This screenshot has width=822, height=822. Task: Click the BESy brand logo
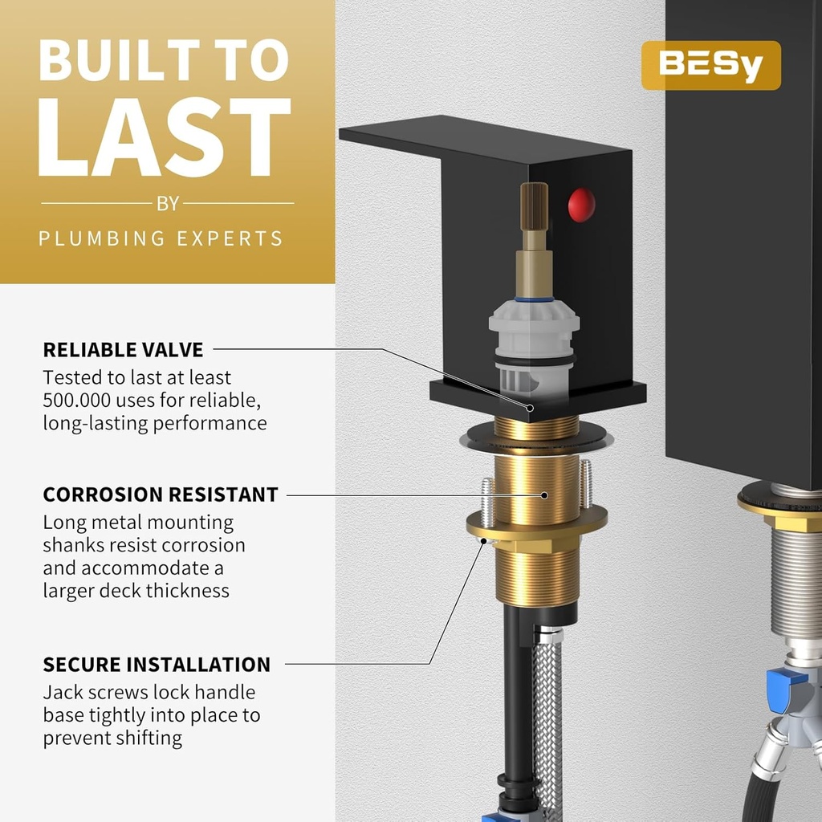[x=711, y=65]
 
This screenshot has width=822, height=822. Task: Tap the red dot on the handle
[x=581, y=205]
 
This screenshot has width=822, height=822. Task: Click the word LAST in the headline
[x=164, y=137]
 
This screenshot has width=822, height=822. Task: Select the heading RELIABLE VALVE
[x=123, y=350]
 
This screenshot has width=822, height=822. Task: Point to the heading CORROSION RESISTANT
[x=161, y=494]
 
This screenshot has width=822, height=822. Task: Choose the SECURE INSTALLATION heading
[x=157, y=664]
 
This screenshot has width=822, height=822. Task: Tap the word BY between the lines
[x=168, y=203]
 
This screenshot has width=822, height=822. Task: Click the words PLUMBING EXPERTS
[x=161, y=238]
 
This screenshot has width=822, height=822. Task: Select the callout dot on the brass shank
[x=544, y=495]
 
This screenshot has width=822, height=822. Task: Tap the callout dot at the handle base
[x=530, y=408]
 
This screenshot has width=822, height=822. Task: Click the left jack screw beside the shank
[x=487, y=503]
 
